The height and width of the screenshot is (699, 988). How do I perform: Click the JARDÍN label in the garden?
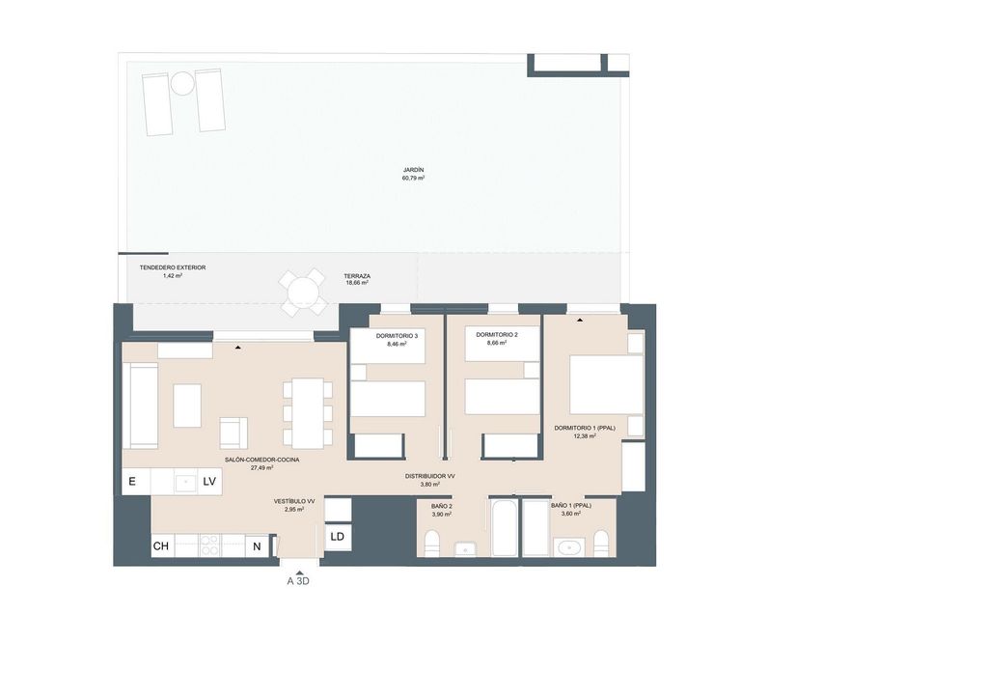(x=413, y=170)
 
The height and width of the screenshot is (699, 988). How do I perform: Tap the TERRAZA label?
(x=357, y=276)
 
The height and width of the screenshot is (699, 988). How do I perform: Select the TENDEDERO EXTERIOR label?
(x=173, y=267)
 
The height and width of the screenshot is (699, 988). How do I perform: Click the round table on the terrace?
(x=304, y=293)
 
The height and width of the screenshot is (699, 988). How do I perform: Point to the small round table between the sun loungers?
(x=182, y=83)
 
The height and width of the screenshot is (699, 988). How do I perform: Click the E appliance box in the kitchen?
(x=136, y=482)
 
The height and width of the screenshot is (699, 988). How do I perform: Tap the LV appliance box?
(x=209, y=482)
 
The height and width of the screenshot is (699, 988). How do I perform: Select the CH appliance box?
(x=162, y=545)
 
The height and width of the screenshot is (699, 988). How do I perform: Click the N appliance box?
(x=257, y=546)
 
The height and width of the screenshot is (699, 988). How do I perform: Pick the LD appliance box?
(x=338, y=537)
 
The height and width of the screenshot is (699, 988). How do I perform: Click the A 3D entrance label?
(x=298, y=581)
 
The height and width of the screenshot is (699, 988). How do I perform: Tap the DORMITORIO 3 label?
(x=397, y=336)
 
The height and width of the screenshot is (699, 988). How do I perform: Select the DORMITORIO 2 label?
(x=497, y=335)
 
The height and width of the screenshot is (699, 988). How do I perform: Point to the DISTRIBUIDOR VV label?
(x=429, y=477)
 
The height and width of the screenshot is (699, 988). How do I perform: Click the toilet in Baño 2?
(x=432, y=544)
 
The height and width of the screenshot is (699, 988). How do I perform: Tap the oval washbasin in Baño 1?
(x=569, y=547)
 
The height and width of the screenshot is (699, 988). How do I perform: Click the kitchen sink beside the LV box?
(x=186, y=483)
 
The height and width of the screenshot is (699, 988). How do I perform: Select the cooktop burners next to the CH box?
(x=209, y=545)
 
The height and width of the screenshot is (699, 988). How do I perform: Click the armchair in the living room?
(x=233, y=433)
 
